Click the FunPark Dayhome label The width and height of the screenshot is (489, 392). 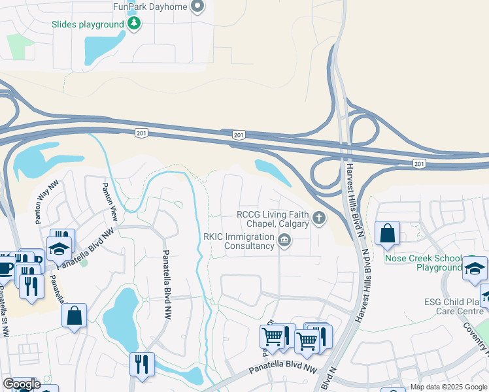point(150,7)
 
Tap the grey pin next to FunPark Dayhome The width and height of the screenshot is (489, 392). point(198,7)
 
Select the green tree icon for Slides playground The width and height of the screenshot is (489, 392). point(134,24)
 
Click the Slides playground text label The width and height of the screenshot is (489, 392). point(88,25)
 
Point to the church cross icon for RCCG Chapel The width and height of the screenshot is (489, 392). point(318,218)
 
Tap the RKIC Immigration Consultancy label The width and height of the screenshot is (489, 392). point(239,241)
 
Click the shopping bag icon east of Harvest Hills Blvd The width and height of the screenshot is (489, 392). point(388,233)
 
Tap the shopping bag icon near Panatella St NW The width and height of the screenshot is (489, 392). point(75,316)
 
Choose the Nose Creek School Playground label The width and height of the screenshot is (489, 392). point(424,263)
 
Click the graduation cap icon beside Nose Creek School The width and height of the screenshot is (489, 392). point(475,268)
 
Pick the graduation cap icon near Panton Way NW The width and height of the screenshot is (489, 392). point(59,249)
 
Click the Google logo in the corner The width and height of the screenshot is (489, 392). point(21,384)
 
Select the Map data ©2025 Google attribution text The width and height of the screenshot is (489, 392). point(448,387)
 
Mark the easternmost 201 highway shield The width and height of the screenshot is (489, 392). point(418,162)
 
